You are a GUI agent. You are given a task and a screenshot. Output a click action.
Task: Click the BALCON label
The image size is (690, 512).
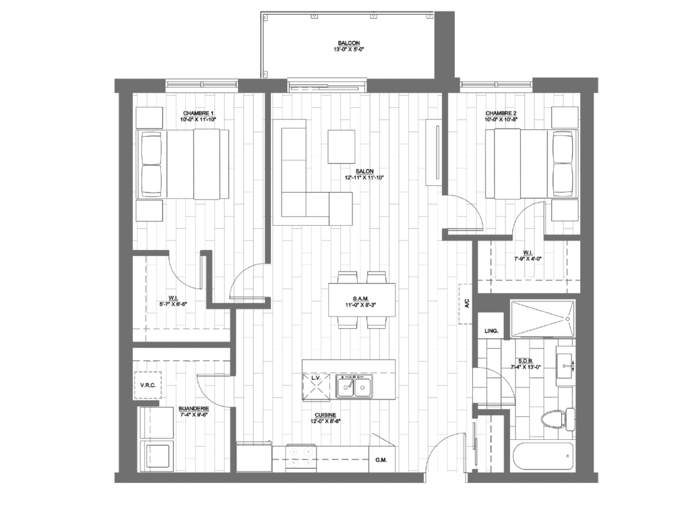(x=348, y=42)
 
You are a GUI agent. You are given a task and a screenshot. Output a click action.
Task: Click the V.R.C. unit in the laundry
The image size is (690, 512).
(x=148, y=385)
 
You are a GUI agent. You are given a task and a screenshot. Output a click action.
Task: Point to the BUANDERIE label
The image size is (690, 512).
(x=193, y=408)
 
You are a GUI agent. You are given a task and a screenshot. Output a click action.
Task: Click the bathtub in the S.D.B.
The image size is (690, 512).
(x=542, y=459)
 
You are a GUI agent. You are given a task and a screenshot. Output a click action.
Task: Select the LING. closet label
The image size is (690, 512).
(x=491, y=331)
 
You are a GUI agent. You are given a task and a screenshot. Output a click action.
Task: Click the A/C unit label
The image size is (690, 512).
(x=466, y=305)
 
